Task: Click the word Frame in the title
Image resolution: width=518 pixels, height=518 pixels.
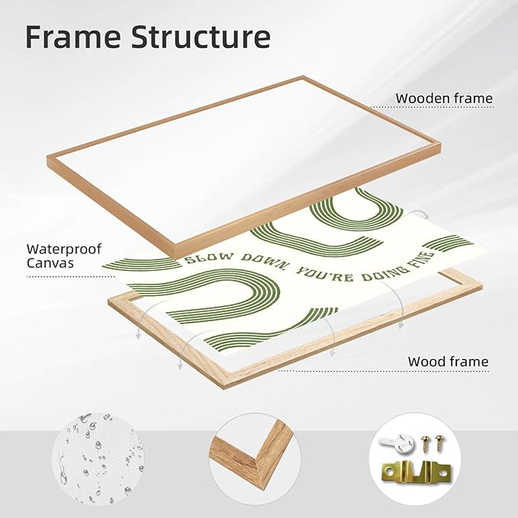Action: tap(73, 37)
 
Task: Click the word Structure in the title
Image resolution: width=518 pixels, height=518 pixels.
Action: tap(201, 37)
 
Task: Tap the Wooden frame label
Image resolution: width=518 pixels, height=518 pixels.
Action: tap(444, 98)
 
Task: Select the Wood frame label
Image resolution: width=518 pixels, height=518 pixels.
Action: tap(448, 362)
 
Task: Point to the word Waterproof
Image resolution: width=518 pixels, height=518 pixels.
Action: tap(64, 249)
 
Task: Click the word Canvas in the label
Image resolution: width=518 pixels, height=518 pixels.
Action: tap(50, 263)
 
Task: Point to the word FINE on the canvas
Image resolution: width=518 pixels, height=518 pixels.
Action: tap(424, 259)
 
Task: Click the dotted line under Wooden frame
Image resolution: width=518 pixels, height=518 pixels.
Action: tap(432, 107)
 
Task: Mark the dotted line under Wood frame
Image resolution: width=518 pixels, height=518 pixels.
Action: tap(383, 372)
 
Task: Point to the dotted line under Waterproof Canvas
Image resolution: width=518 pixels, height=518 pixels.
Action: tap(70, 277)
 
